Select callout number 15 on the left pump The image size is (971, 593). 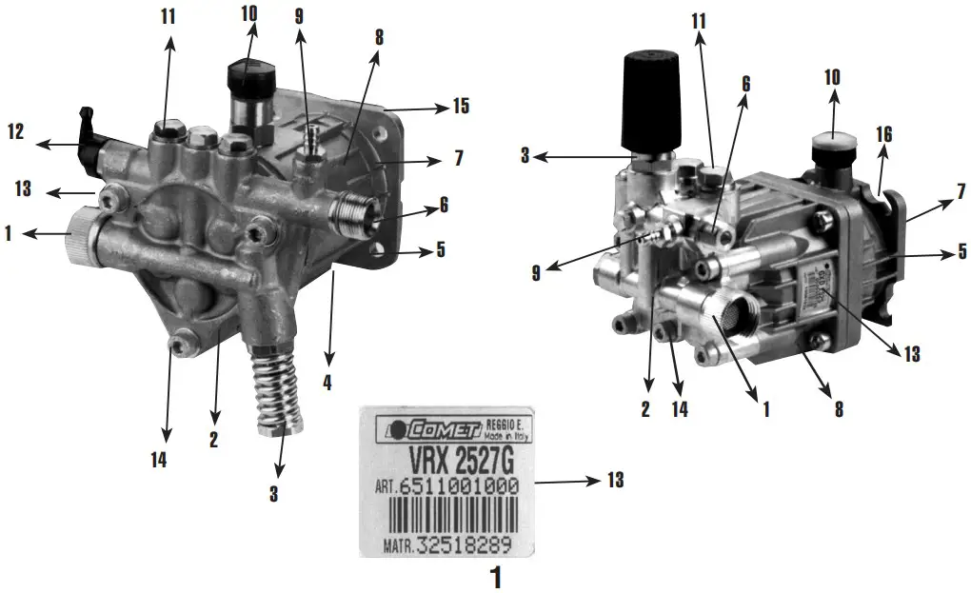click(461, 107)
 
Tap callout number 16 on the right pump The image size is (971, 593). click(883, 134)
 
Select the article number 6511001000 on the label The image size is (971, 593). click(459, 486)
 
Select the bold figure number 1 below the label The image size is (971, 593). click(494, 576)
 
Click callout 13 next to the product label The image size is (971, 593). click(615, 481)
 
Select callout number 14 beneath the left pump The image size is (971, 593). click(158, 460)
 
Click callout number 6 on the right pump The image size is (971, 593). click(745, 83)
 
